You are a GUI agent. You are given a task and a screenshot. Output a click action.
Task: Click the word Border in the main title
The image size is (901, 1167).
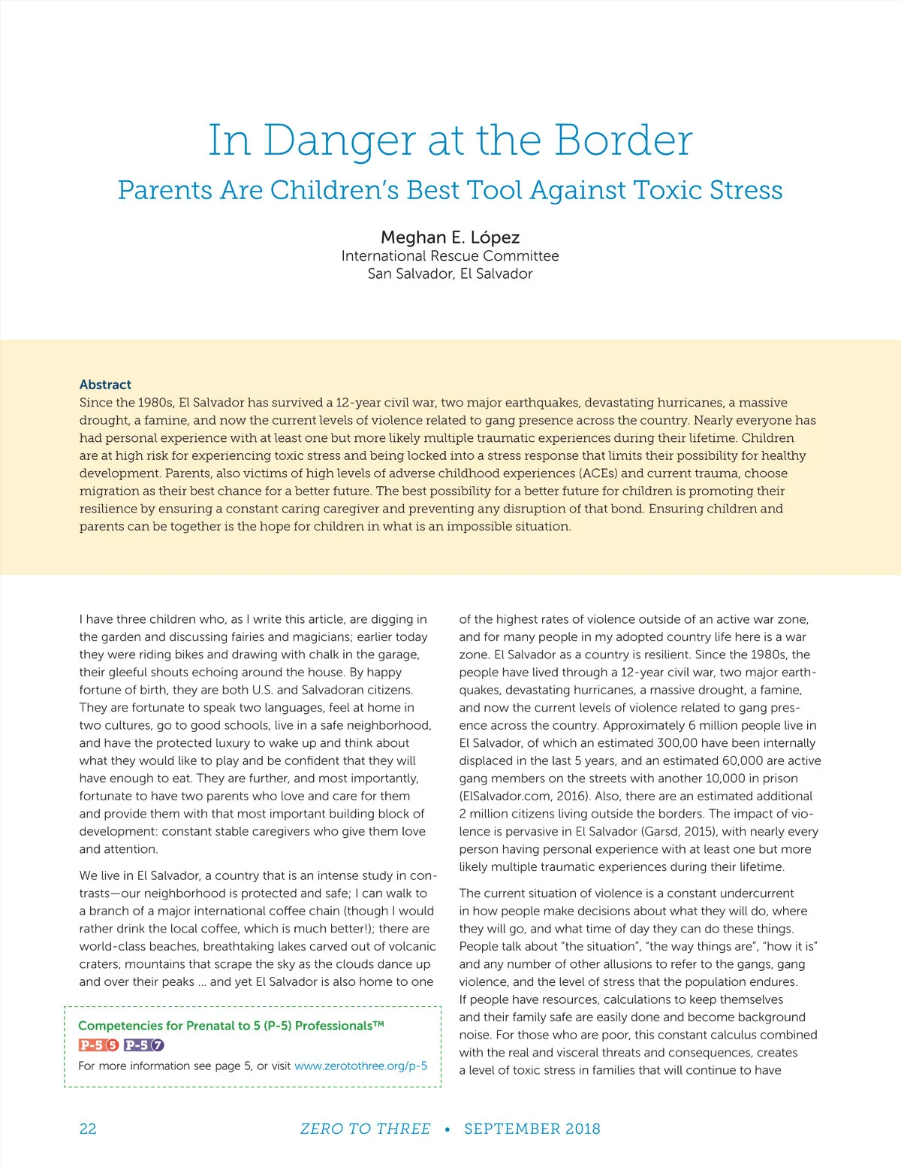coord(622,140)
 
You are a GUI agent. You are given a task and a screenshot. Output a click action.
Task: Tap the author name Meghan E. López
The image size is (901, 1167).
coord(450,237)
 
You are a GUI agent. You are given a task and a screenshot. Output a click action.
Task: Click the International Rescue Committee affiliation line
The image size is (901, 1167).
coord(450,255)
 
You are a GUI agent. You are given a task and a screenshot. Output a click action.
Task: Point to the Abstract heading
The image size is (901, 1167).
coord(105,385)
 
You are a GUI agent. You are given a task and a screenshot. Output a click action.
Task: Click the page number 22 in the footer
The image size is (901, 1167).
coord(88,1129)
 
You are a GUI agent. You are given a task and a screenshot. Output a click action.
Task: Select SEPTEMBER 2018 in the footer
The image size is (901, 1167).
coord(532,1129)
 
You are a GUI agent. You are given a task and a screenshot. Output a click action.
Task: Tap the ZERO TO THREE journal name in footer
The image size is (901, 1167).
coord(365,1129)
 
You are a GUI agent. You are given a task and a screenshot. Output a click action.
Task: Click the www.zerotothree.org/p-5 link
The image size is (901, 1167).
coord(360,1066)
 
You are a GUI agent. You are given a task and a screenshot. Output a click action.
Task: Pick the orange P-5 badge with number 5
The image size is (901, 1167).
coord(98,1045)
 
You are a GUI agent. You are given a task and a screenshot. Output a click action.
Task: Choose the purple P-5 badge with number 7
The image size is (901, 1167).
coord(143,1045)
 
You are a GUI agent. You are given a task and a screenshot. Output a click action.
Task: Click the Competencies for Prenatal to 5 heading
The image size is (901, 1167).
coord(231,1026)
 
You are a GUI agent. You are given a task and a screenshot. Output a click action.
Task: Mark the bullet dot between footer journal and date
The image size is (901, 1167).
coord(447,1129)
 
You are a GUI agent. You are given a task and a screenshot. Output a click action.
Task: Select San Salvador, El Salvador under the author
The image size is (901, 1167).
coord(450,274)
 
